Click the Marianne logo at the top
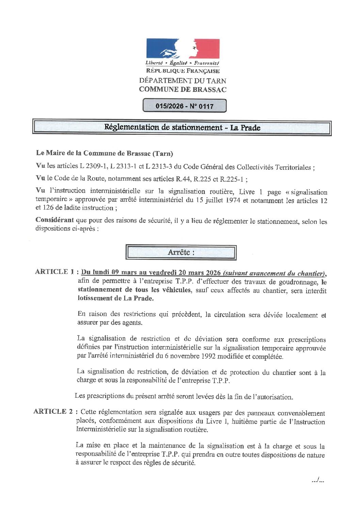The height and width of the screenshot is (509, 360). pos(183,49)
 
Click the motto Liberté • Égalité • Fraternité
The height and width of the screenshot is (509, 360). pos(182,63)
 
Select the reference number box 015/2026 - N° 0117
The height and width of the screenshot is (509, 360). pos(184,106)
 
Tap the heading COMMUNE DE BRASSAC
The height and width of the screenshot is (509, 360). pos(183,89)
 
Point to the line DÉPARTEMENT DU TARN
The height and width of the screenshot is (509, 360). pos(183,81)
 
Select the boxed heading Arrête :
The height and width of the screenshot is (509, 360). pos(181,252)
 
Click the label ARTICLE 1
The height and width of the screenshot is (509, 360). pos(54,272)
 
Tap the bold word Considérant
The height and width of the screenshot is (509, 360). pos(54,220)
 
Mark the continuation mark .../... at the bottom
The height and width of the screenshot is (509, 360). pos(317,480)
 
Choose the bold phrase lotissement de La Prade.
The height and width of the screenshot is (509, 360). pos(115,298)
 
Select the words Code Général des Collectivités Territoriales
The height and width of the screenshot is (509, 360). pos(248,167)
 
